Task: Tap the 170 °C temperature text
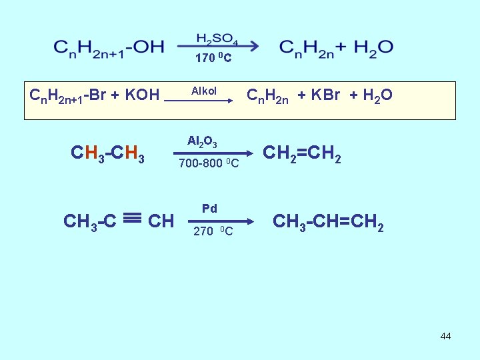(213, 59)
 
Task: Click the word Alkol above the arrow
(204, 91)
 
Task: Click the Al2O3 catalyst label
(201, 141)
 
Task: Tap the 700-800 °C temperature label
(208, 163)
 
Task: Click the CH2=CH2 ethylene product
(303, 154)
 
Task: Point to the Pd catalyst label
(209, 209)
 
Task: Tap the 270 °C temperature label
(213, 231)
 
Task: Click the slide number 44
(445, 336)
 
